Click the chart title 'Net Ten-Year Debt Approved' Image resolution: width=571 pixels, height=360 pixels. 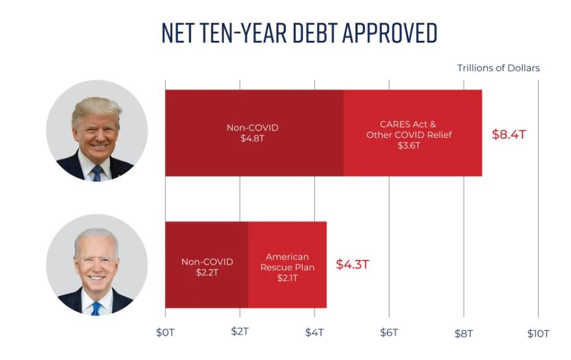(x=299, y=33)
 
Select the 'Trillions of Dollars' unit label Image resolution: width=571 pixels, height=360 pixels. (x=498, y=68)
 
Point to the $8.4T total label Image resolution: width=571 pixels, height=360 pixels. (x=508, y=134)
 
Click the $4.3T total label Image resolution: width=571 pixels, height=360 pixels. (x=352, y=265)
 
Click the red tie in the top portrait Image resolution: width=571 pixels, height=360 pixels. (x=96, y=173)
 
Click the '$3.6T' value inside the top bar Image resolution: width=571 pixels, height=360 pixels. (x=409, y=146)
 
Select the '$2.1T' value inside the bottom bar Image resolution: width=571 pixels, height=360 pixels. (x=287, y=278)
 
